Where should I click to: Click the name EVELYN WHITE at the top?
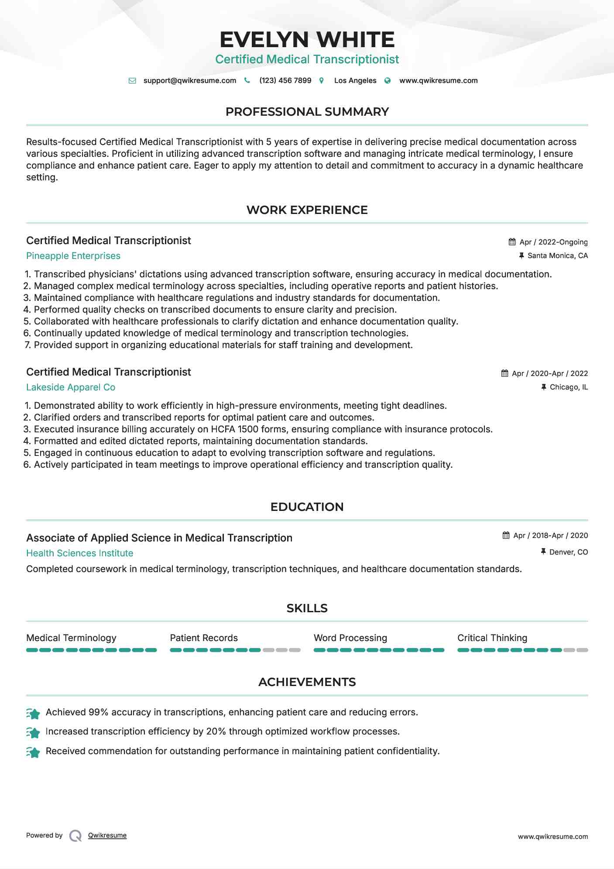click(307, 40)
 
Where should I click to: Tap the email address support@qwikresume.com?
click(189, 80)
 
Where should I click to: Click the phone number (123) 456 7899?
click(285, 80)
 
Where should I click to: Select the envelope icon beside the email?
click(132, 81)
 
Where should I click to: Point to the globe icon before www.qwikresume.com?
click(388, 81)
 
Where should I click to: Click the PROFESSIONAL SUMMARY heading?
click(307, 112)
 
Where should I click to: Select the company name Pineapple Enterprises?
click(73, 256)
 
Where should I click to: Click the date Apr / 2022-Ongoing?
click(553, 242)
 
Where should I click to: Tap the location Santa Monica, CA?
click(557, 255)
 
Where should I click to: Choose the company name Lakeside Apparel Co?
click(71, 387)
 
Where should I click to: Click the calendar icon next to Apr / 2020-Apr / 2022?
click(504, 373)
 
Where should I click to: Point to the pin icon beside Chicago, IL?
click(543, 387)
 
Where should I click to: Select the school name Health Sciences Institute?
click(79, 553)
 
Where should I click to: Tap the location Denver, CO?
click(568, 552)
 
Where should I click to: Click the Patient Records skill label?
click(204, 638)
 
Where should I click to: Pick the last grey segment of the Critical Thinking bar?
click(582, 650)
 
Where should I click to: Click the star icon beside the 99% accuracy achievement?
click(33, 713)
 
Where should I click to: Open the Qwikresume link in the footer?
click(107, 835)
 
